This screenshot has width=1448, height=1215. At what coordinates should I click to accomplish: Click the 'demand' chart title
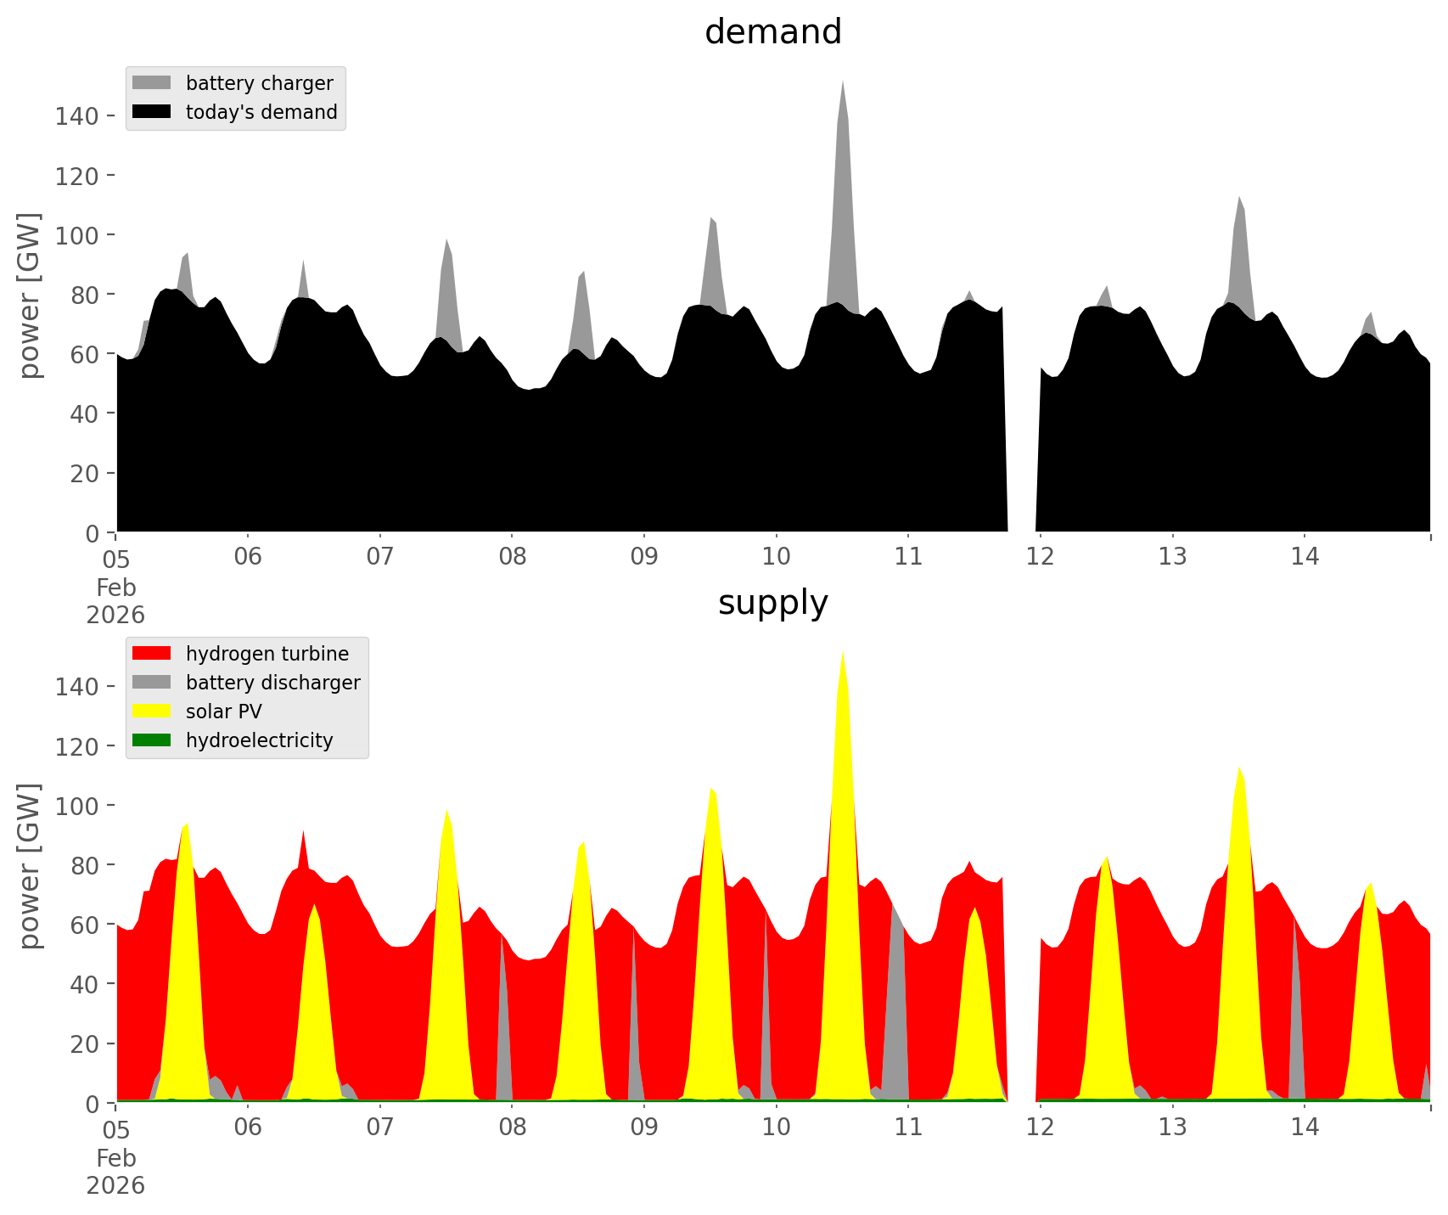tap(772, 32)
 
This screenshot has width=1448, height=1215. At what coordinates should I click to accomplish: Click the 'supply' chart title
tap(772, 603)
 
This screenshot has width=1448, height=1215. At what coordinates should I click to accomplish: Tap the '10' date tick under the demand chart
tap(776, 557)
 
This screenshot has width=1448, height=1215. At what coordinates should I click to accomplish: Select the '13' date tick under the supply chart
tap(1173, 1128)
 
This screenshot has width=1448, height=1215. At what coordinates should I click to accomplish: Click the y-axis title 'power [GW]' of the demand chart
tap(30, 295)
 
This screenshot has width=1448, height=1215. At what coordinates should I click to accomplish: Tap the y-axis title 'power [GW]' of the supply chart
tap(30, 865)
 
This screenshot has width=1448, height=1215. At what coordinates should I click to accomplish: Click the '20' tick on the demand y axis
tap(85, 473)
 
